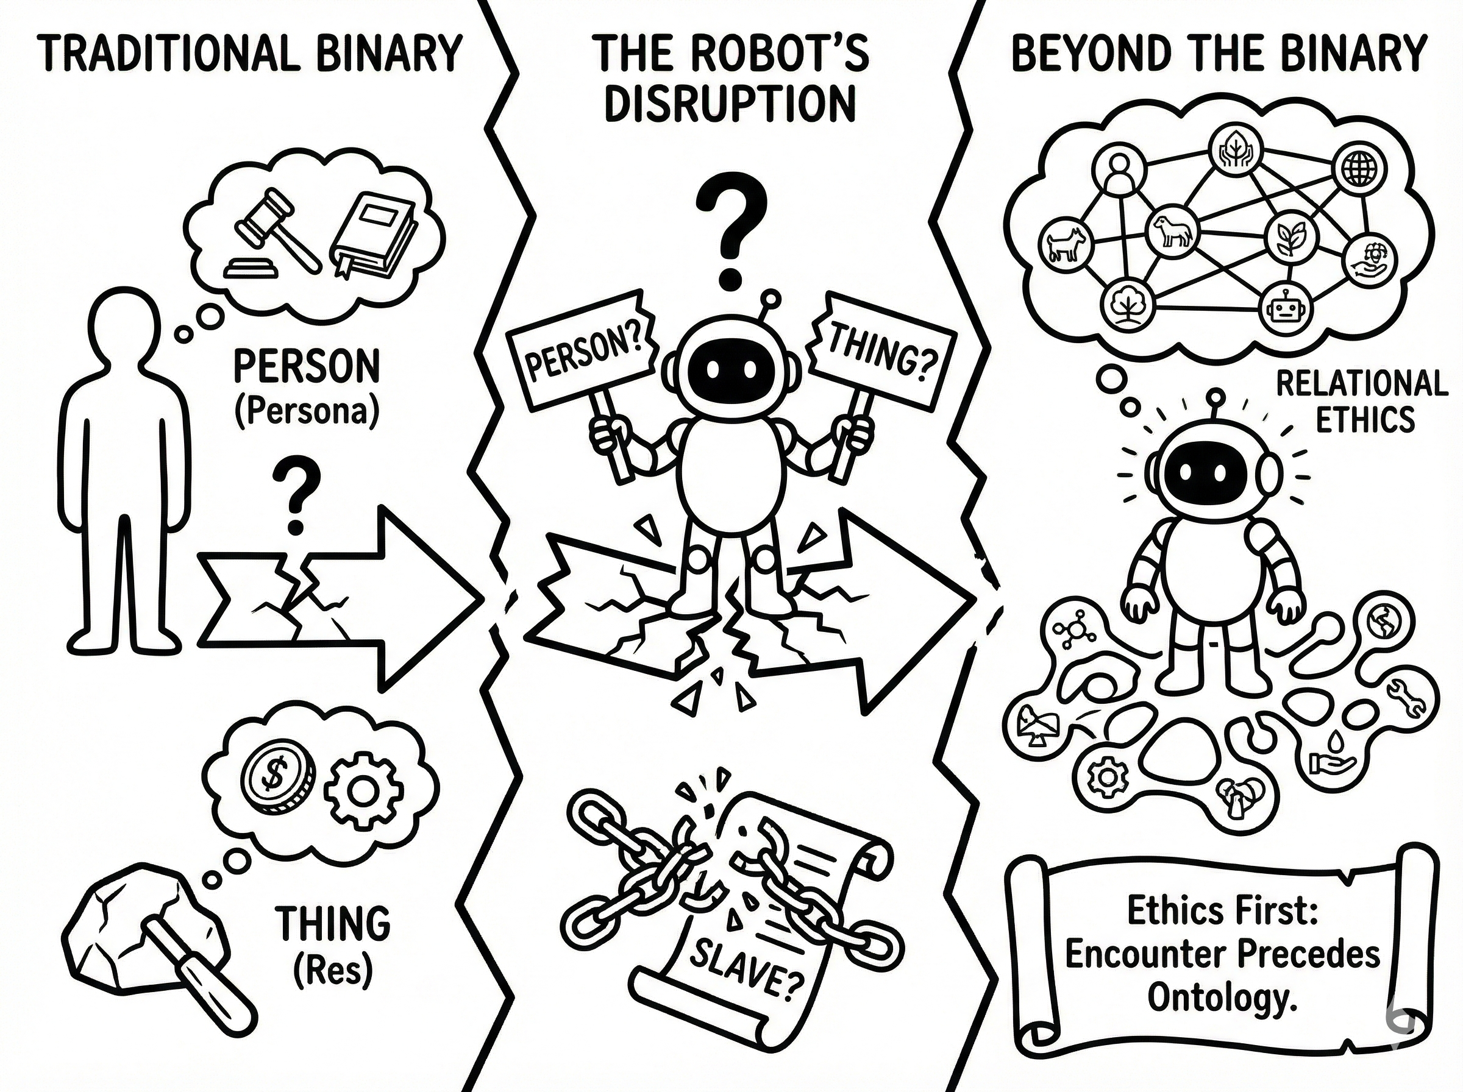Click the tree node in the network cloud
(x=1125, y=305)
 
